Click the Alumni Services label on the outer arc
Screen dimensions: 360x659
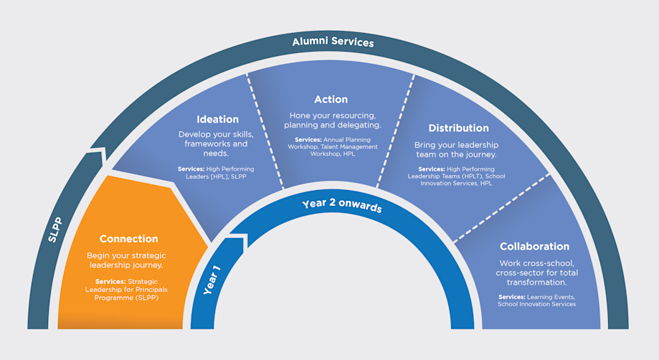[x=333, y=42]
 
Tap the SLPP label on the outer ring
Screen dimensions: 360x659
[x=54, y=229]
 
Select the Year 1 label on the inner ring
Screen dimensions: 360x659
[x=212, y=280]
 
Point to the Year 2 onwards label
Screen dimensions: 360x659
[x=341, y=206]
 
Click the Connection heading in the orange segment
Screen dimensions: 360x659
[x=128, y=239]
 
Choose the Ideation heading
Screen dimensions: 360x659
[x=218, y=119]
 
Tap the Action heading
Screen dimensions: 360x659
[x=331, y=100]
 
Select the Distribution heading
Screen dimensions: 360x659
[x=458, y=128]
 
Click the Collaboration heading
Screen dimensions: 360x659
[x=534, y=246]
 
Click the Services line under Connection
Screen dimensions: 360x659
[x=127, y=289]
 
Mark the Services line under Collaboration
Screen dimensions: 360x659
[x=536, y=300]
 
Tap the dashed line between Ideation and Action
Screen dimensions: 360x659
[x=265, y=129]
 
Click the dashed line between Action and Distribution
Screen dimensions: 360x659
[x=396, y=129]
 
